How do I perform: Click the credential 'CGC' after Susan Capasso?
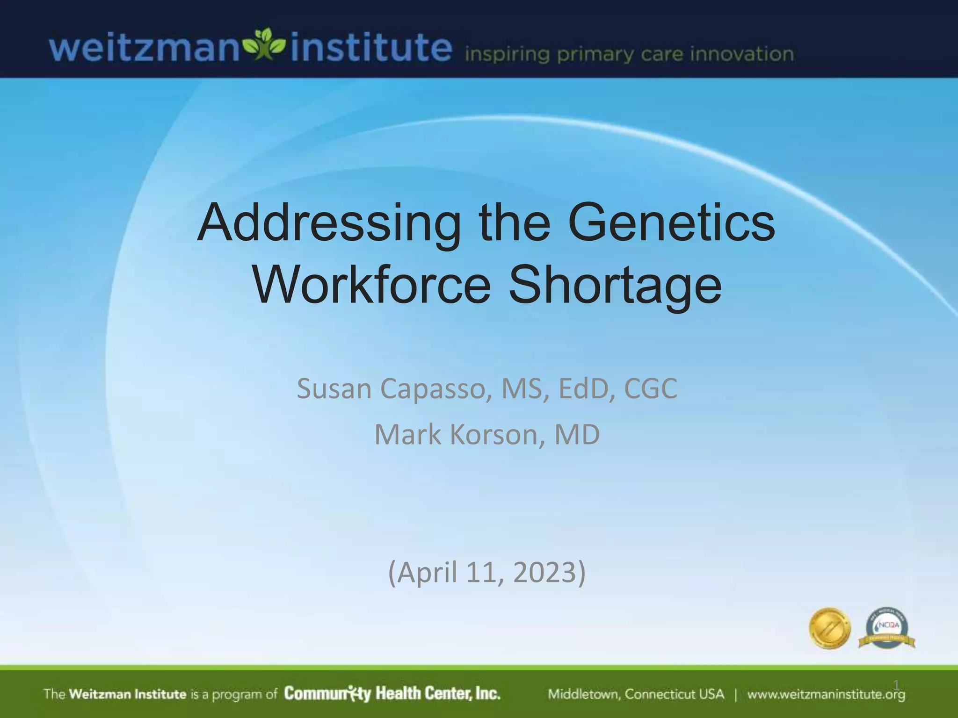(x=650, y=389)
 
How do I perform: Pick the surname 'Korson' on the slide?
(x=497, y=435)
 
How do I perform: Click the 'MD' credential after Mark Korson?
(x=577, y=435)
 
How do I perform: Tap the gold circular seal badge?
(x=830, y=628)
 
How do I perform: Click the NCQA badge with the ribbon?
(x=886, y=629)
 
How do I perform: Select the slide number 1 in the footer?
(x=896, y=685)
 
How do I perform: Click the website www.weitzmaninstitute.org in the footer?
(x=826, y=695)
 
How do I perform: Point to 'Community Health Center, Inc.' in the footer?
(x=392, y=694)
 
